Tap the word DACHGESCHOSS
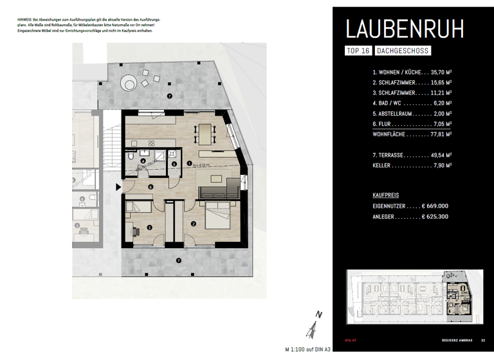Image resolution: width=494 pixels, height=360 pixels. tap(403, 51)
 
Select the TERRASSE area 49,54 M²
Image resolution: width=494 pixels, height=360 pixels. tap(438, 155)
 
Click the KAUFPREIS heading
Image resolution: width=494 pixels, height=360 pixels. tap(386, 194)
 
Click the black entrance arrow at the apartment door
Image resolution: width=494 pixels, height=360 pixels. tap(117, 187)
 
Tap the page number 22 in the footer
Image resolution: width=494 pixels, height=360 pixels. tap(483, 341)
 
